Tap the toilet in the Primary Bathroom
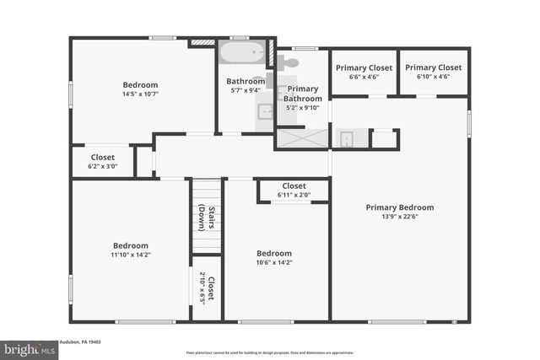tap(289, 62)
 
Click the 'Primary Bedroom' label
tap(399, 207)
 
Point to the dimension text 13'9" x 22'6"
tap(399, 217)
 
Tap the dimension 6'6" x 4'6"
tap(364, 77)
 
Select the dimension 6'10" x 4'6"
tap(433, 77)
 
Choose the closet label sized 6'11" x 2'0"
tap(294, 196)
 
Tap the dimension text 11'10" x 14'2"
tap(130, 255)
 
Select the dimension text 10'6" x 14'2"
tap(273, 263)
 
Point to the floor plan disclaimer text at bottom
tap(269, 352)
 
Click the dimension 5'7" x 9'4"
tap(246, 91)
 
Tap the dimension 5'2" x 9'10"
tap(302, 107)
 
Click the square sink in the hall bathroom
tap(263, 110)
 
